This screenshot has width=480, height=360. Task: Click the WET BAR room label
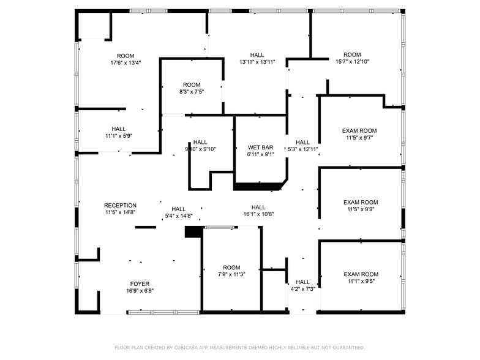tap(260, 148)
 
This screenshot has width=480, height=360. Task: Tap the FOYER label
tap(140, 284)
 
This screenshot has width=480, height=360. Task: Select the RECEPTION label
tap(120, 206)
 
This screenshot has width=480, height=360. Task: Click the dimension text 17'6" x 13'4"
tap(126, 62)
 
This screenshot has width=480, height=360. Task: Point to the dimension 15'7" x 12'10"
tap(352, 62)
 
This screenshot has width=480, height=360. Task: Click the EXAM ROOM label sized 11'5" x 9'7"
tap(359, 131)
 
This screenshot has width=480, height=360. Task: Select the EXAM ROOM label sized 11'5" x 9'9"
tap(360, 203)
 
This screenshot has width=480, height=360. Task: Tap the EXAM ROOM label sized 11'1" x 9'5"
tap(360, 274)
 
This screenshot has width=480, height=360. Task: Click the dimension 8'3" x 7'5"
tap(192, 92)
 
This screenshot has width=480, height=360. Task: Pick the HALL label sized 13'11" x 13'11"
tap(257, 55)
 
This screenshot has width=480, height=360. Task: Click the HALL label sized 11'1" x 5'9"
tap(119, 129)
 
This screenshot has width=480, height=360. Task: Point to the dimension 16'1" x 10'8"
tap(258, 214)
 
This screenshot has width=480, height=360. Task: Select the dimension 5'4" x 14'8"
tap(179, 216)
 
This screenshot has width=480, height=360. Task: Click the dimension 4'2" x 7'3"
tap(302, 289)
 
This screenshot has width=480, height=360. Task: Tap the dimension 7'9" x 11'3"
tap(231, 275)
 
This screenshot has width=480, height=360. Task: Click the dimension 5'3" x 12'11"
tap(303, 149)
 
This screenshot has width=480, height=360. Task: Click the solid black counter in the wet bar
tap(257, 186)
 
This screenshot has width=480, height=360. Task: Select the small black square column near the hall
tap(193, 232)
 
